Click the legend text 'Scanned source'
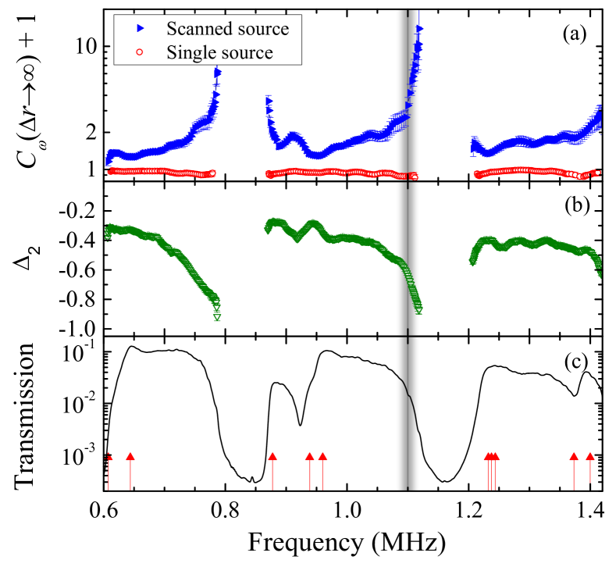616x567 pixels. [x=227, y=29]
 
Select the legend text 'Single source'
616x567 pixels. [x=219, y=53]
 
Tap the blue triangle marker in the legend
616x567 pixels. [x=141, y=29]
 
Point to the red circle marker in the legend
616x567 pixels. [x=141, y=53]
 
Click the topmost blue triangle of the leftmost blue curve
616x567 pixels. [x=217, y=72]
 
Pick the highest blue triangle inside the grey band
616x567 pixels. [x=420, y=29]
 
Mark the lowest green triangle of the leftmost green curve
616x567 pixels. [x=217, y=317]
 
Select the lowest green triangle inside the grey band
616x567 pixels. [x=418, y=310]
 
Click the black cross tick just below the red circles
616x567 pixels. [x=408, y=184]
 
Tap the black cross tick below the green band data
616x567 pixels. [x=408, y=336]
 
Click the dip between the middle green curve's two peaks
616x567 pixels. [x=298, y=239]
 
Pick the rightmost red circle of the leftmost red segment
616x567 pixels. [x=212, y=173]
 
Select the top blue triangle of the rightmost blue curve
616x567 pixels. [x=599, y=108]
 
